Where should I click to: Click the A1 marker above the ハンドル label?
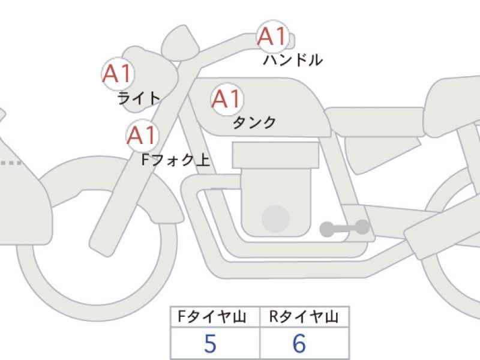click(x=272, y=37)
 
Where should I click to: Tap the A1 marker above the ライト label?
click(x=118, y=74)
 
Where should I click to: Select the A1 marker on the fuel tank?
click(x=227, y=99)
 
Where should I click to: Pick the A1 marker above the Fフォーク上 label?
click(x=142, y=136)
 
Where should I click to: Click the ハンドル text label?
click(x=293, y=59)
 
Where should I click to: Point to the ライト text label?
click(x=139, y=98)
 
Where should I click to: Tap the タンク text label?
click(x=254, y=122)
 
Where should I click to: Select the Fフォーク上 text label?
click(x=176, y=160)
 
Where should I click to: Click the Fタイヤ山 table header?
click(x=212, y=317)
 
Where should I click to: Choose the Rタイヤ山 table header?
click(x=304, y=317)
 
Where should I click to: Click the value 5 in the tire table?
click(x=210, y=343)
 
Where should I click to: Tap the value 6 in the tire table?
click(x=299, y=343)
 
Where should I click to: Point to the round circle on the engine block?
click(x=275, y=218)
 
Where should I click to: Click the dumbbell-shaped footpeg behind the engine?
click(x=344, y=228)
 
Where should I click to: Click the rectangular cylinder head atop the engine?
click(x=275, y=155)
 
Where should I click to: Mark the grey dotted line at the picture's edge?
click(x=11, y=163)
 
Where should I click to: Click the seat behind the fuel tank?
click(x=375, y=122)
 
